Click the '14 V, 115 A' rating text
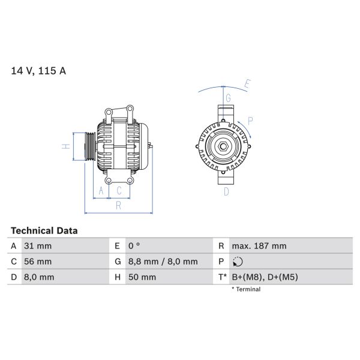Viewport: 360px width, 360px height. point(39,71)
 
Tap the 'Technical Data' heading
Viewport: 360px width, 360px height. point(44,230)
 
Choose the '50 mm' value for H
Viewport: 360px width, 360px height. point(142,277)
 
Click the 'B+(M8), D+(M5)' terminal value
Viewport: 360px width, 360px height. point(265,277)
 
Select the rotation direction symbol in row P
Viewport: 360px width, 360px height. point(238,262)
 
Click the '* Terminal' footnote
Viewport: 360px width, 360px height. point(246,289)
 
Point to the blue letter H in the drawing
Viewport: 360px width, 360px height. point(67,146)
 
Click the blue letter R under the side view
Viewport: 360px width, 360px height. point(119,206)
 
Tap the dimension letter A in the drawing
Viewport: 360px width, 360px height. point(101,191)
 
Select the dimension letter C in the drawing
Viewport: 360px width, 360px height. point(119,191)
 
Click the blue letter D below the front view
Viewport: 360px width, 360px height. point(226,191)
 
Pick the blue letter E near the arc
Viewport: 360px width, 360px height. point(247,83)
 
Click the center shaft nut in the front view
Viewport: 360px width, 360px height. point(223,146)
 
